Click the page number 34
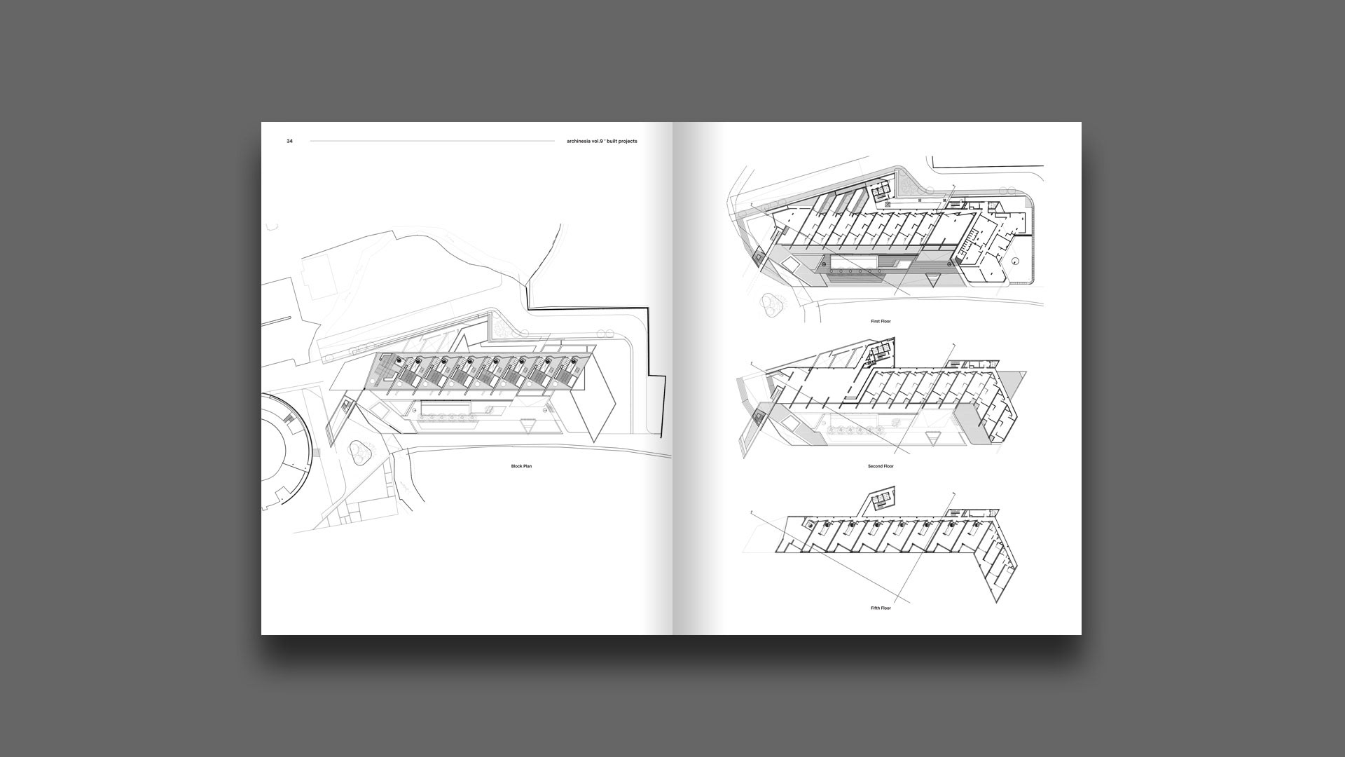[x=289, y=142]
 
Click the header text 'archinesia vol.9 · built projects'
[x=602, y=142]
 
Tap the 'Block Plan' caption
[x=521, y=466]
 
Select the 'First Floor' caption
[x=881, y=321]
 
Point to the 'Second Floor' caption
[x=881, y=466]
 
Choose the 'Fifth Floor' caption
[x=881, y=608]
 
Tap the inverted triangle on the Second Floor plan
[x=932, y=439]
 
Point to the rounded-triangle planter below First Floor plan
[x=771, y=303]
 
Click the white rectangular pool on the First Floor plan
[x=853, y=262]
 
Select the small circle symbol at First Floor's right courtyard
[x=1016, y=261]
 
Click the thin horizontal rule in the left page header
[x=432, y=142]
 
